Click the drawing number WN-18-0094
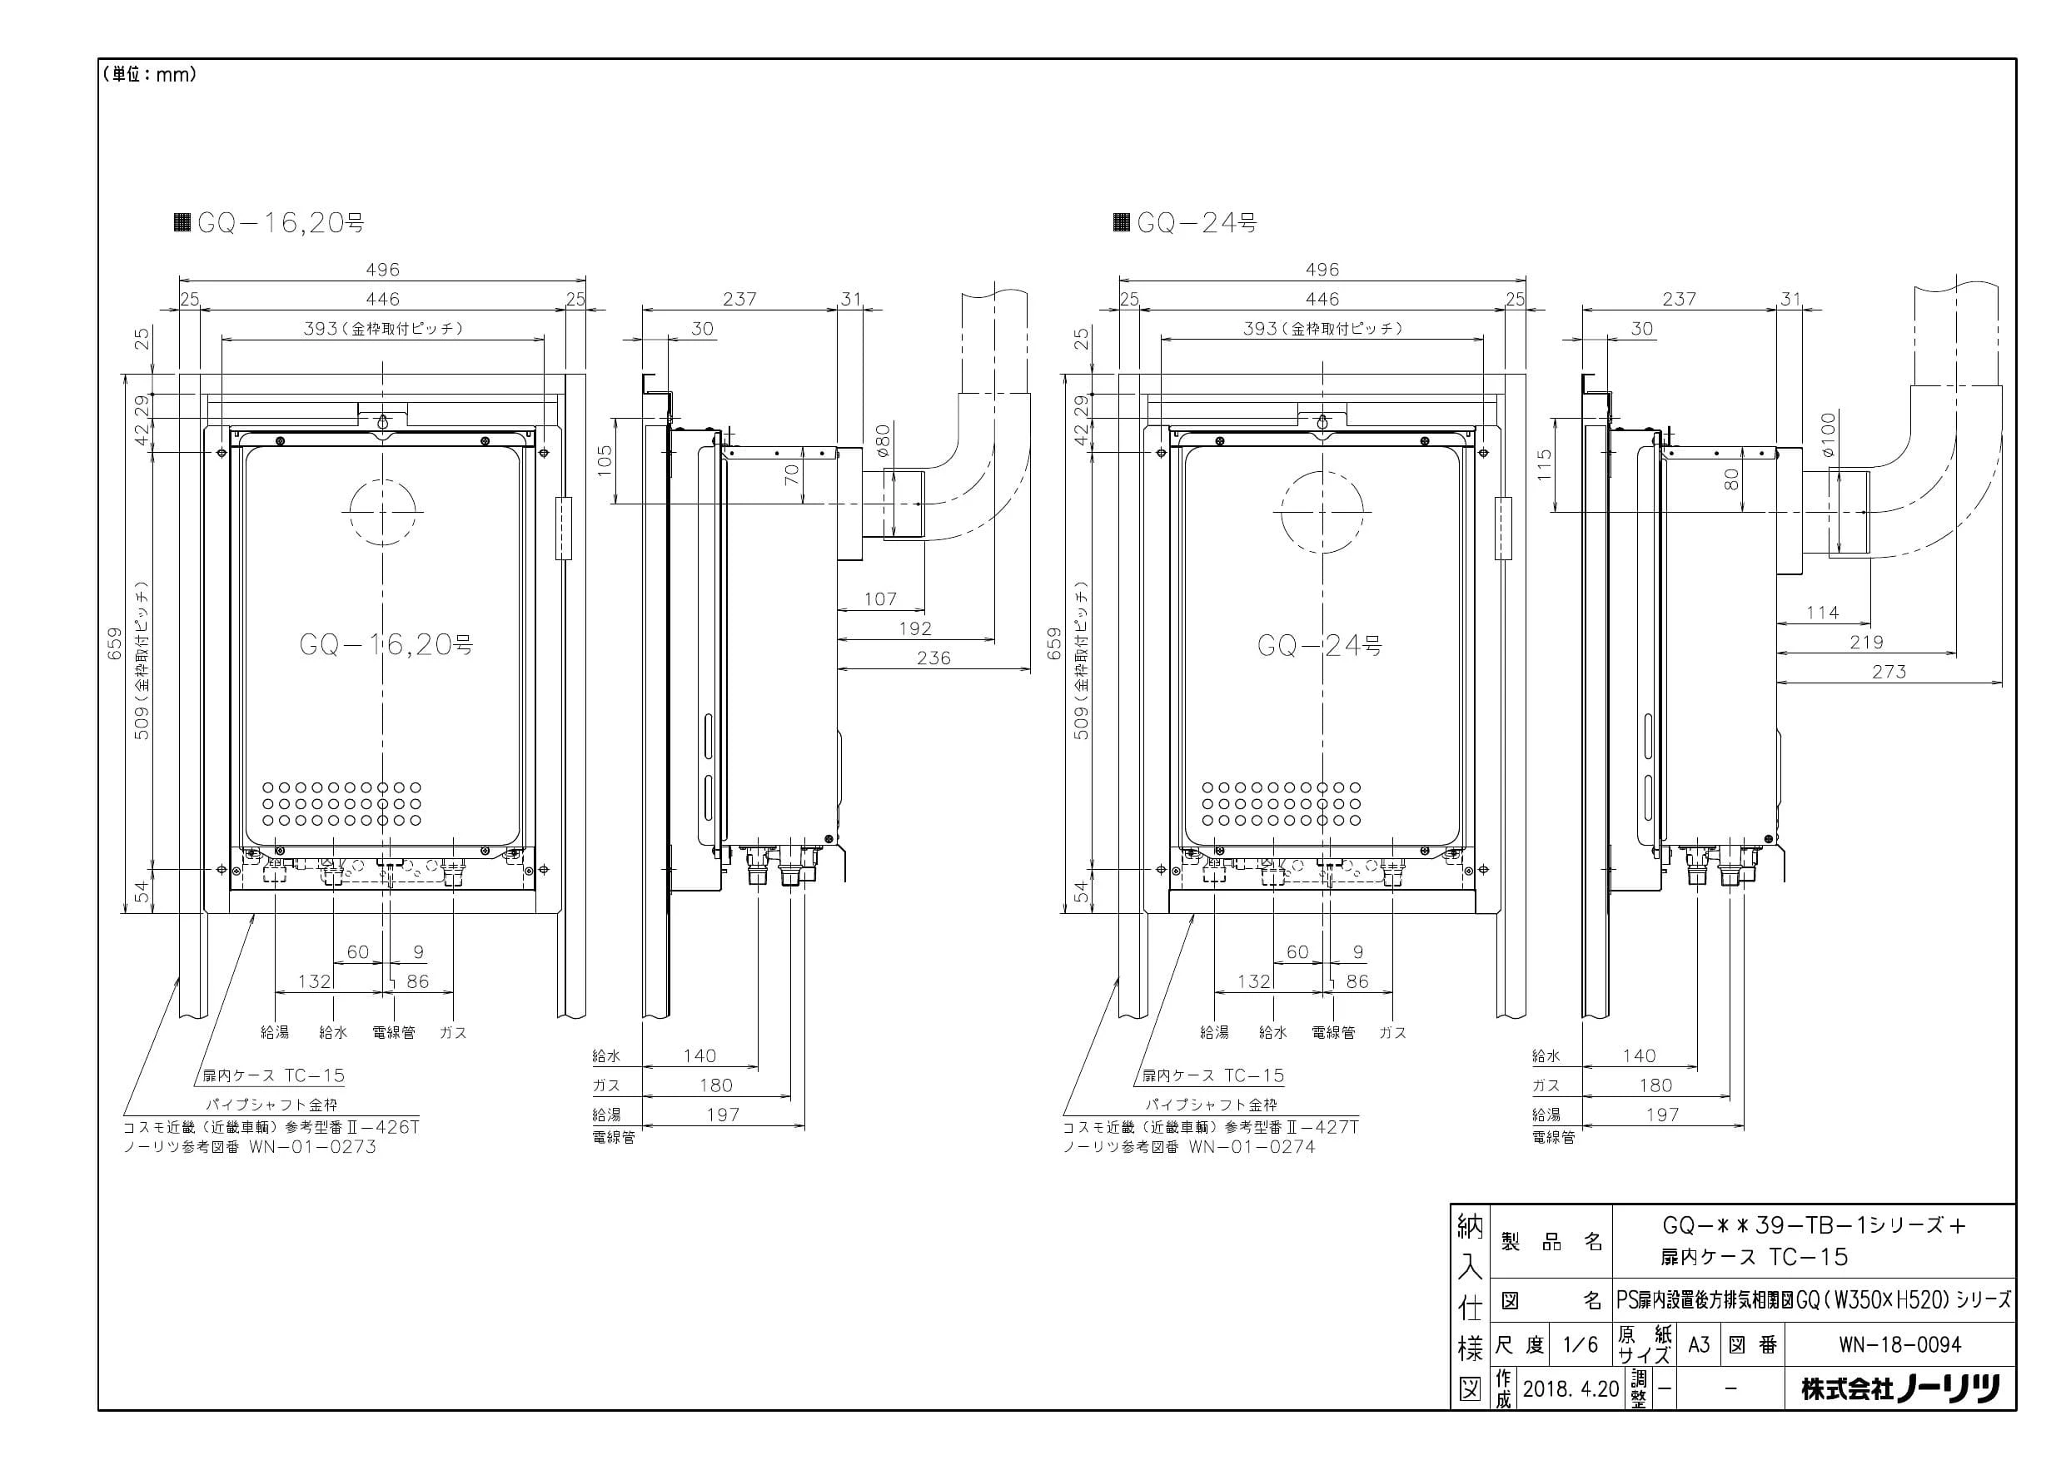point(1899,1345)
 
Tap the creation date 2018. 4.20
point(1571,1389)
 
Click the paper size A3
point(1698,1345)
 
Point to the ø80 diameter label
point(883,441)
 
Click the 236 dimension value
point(933,658)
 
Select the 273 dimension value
point(1889,671)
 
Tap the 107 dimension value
point(880,598)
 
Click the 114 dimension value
point(1822,613)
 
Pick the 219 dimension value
point(1866,643)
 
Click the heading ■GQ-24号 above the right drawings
point(1185,222)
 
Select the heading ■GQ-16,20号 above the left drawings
point(269,222)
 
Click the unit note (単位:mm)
point(149,75)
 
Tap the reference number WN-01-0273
point(312,1147)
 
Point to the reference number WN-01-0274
point(1252,1147)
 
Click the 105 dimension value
point(605,460)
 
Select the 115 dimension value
point(1544,465)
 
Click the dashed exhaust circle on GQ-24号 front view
point(1322,469)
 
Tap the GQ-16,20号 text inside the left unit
point(386,644)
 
